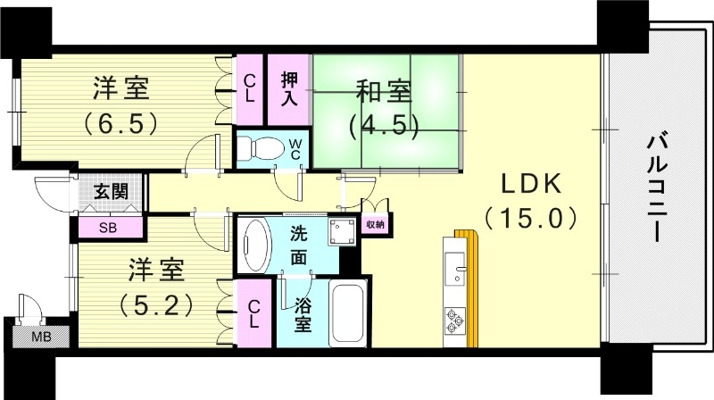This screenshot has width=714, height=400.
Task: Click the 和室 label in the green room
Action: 385,92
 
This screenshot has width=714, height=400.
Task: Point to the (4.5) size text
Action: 385,124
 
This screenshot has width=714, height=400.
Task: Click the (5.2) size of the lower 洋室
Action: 157,304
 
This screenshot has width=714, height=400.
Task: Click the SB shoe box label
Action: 107,228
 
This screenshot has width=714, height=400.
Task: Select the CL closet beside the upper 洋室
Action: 251,87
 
